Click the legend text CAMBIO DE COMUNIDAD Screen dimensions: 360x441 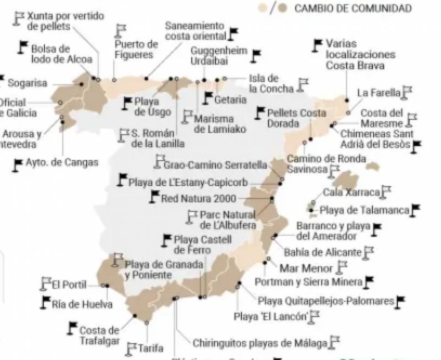(x=353, y=8)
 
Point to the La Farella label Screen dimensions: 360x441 (x=379, y=93)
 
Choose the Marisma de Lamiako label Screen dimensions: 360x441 (x=214, y=124)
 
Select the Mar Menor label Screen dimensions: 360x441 (x=306, y=268)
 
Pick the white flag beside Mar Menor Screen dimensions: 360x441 (x=342, y=267)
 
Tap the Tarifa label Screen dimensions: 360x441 (x=151, y=348)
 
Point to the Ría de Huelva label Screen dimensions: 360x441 (x=82, y=304)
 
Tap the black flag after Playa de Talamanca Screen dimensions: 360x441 (x=416, y=209)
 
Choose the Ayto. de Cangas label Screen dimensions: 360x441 (x=62, y=163)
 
